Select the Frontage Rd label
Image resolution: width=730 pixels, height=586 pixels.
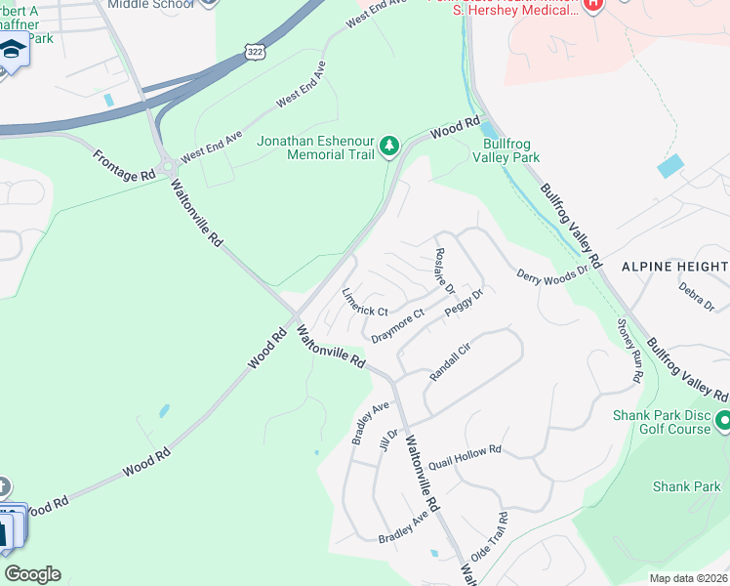point(125,163)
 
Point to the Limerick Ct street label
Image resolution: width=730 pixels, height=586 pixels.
point(365,303)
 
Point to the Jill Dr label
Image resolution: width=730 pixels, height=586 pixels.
point(393,439)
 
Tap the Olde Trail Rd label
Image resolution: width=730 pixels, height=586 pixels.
point(488,537)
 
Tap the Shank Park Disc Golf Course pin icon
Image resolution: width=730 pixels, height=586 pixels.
point(723,421)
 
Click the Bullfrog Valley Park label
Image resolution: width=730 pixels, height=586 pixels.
point(506,149)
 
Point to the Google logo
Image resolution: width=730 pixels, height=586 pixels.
point(32,574)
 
